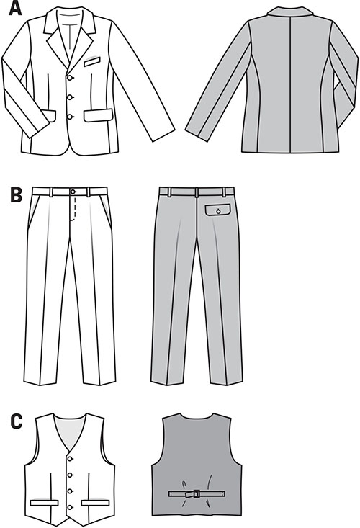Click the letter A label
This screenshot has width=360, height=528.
pos(15,8)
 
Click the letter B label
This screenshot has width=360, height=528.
pos(16,195)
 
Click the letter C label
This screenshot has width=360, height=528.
pos(17,421)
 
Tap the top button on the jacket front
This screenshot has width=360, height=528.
pos(70,78)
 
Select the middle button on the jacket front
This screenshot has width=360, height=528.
pos(70,98)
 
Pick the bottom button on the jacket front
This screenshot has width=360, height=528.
pos(70,117)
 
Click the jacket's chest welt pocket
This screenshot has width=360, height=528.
pos(92,62)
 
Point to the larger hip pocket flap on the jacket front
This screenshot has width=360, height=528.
pos(98,115)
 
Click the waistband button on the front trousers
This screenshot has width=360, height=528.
pos(73,192)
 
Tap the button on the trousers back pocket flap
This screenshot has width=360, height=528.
pos(218,211)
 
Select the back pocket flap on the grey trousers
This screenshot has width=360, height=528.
pos(218,210)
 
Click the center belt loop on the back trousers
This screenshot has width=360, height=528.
pos(196,192)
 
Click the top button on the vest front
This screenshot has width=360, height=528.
pos(70,459)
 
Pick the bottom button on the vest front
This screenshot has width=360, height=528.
pos(70,507)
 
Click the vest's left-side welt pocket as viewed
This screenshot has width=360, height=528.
pos(44,503)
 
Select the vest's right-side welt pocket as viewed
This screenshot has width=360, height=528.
pos(96,503)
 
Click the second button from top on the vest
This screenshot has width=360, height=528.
pos(70,475)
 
